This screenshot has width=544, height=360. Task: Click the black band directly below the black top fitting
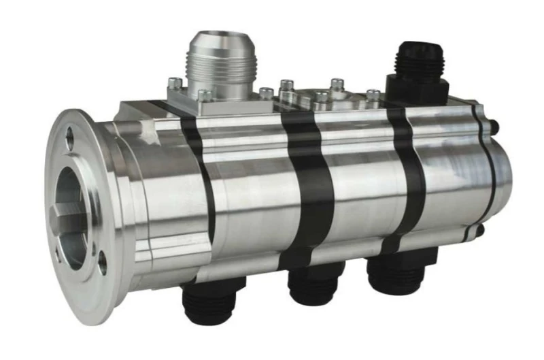408,170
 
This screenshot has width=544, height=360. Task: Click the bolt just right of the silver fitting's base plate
267,93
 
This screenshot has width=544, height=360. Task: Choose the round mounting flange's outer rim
52,204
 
